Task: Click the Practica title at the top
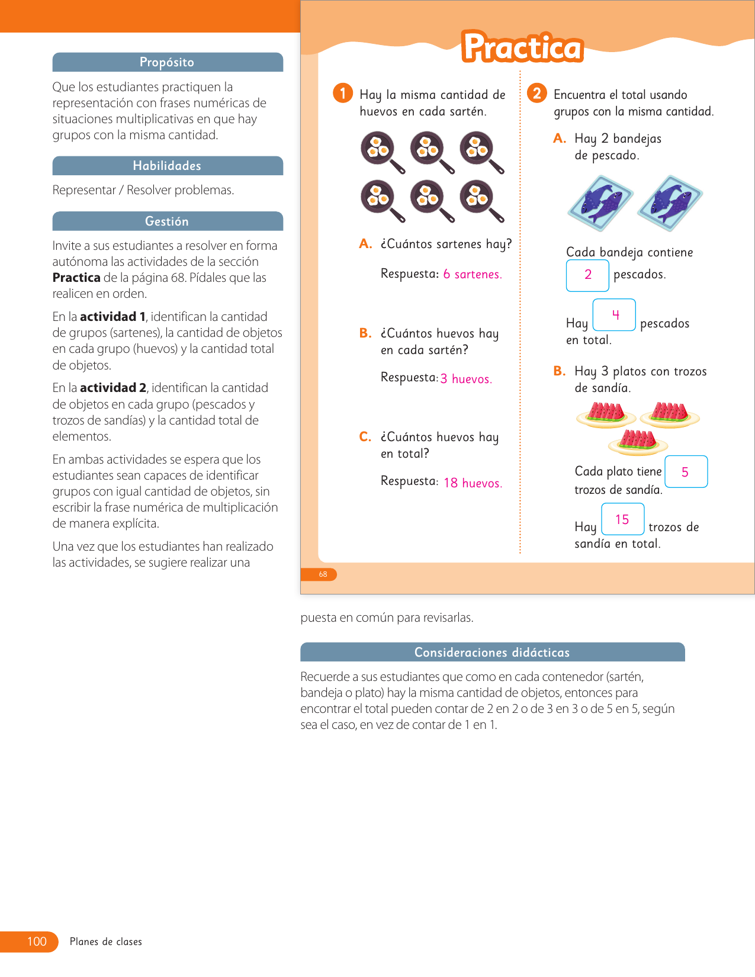(522, 47)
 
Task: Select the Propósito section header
(167, 62)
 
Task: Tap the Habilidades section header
(167, 166)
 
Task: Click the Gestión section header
(167, 221)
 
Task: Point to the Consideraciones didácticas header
(491, 652)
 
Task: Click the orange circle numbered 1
(343, 93)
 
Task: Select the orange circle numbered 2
(536, 93)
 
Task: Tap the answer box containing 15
(622, 519)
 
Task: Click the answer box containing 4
(614, 314)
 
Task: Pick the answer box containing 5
(686, 472)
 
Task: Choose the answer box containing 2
(587, 275)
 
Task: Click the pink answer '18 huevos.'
(473, 483)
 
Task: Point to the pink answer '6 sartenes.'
(472, 274)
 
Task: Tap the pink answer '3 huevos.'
(466, 379)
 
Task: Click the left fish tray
(600, 203)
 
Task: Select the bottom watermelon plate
(638, 441)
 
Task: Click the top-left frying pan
(381, 152)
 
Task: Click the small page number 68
(323, 574)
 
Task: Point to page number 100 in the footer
(37, 941)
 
